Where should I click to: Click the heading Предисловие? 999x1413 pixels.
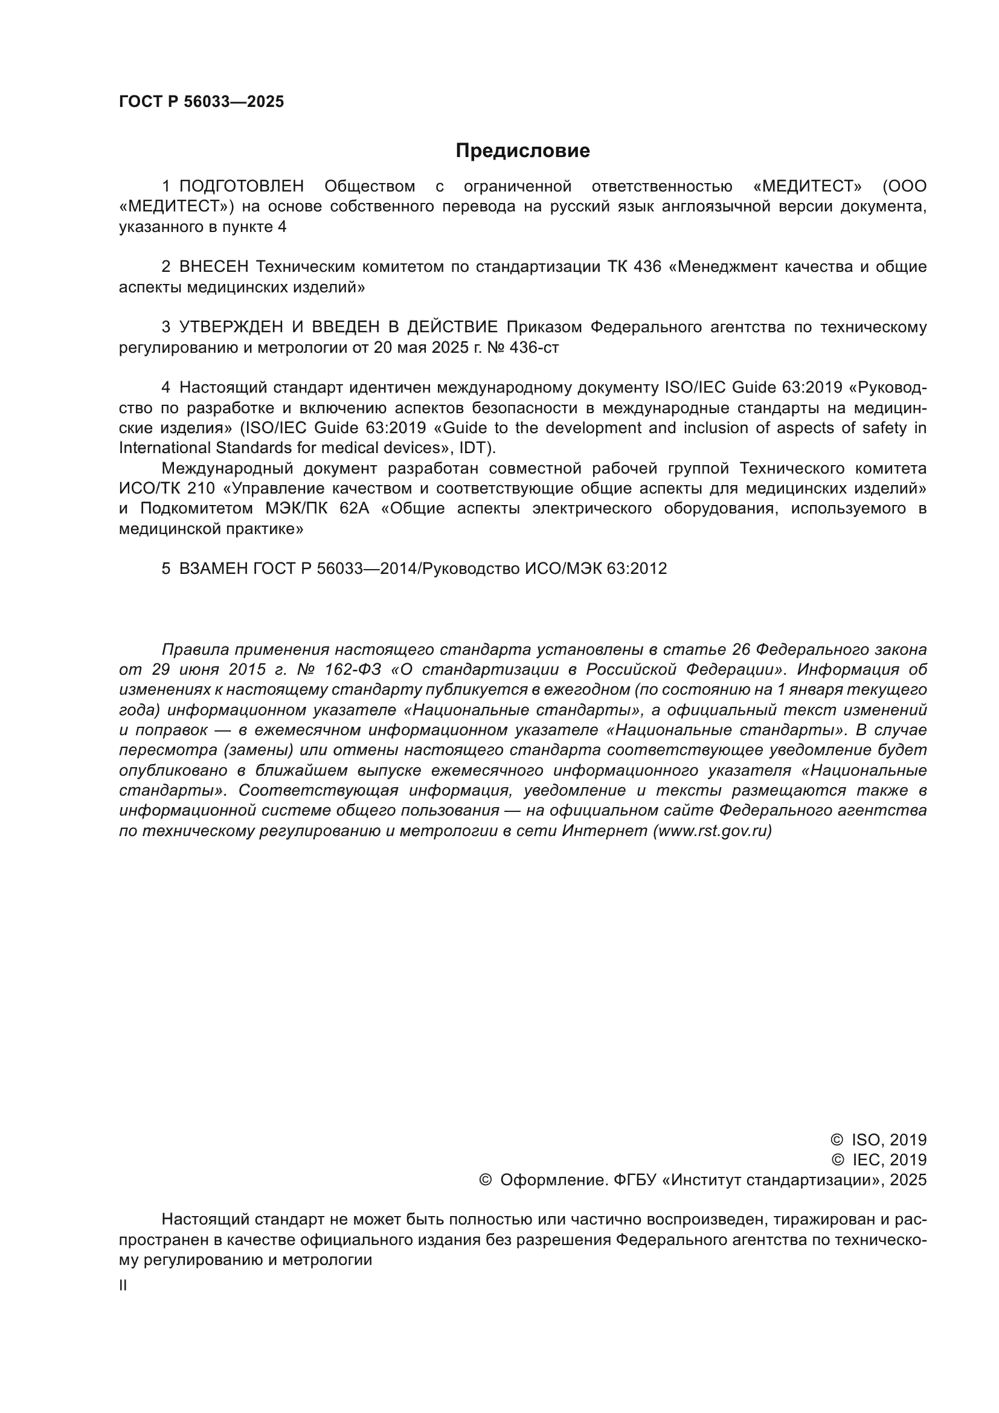tap(522, 151)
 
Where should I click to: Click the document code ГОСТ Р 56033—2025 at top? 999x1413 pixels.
tap(201, 101)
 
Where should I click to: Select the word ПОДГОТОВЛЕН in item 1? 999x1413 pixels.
tap(241, 186)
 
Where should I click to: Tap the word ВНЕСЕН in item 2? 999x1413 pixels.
tap(213, 266)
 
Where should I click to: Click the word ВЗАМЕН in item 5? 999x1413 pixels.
tap(213, 568)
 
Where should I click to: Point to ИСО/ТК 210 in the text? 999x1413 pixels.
tap(167, 488)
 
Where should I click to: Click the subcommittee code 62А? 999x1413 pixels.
tap(354, 508)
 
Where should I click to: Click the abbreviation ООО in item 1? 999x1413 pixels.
tap(907, 186)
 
